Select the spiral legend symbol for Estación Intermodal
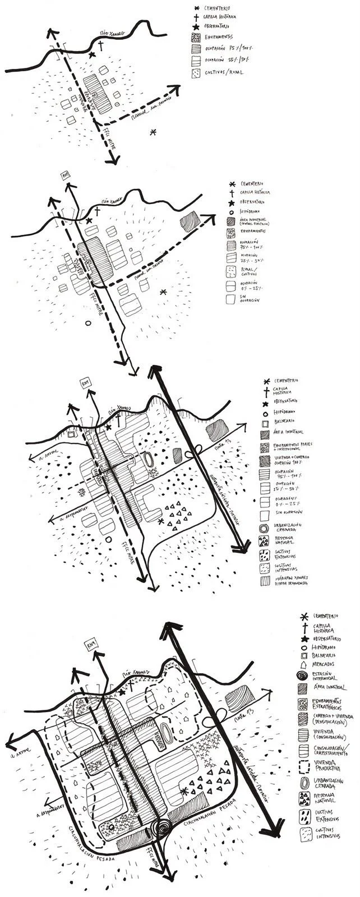pyautogui.click(x=303, y=677)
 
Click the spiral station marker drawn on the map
pyautogui.click(x=163, y=827)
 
